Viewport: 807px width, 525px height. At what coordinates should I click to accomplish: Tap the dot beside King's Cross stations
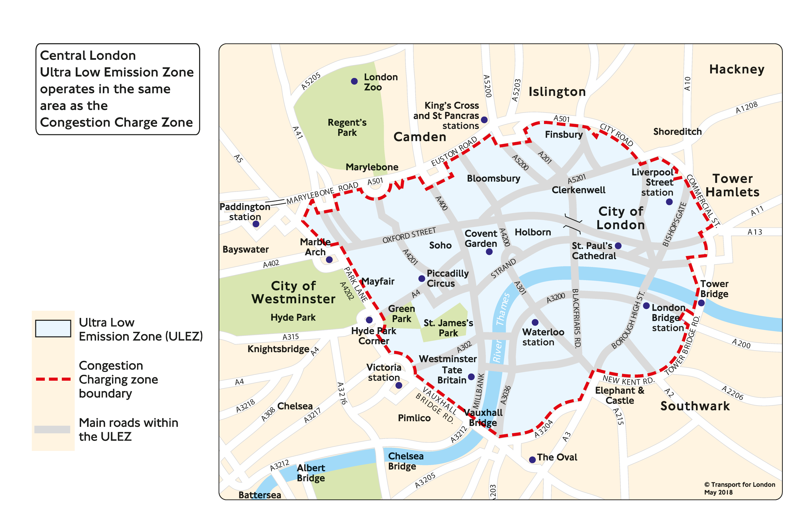[x=484, y=120]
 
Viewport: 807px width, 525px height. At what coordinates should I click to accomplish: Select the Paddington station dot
[x=256, y=224]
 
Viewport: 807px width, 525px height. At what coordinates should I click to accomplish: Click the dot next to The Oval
[x=532, y=460]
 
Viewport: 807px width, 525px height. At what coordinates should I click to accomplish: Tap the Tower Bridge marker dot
[x=701, y=303]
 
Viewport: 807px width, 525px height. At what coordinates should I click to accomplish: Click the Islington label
[x=557, y=92]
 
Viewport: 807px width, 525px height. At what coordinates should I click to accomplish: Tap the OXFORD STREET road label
[x=409, y=235]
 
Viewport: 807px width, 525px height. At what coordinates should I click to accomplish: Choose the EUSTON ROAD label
[x=454, y=151]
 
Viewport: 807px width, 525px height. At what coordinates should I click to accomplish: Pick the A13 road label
[x=755, y=232]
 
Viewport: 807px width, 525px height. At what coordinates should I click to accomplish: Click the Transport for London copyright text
[x=739, y=488]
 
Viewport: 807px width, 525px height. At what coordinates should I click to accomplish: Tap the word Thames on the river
[x=503, y=309]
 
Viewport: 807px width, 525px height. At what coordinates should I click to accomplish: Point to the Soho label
[x=440, y=245]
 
